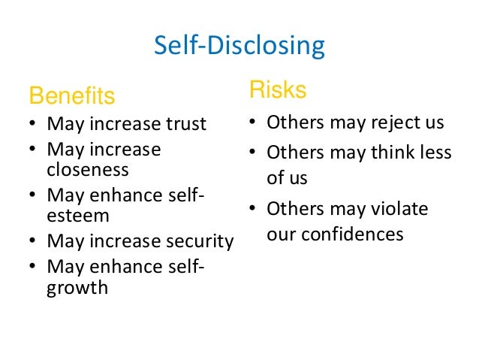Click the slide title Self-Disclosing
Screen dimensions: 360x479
[239, 47]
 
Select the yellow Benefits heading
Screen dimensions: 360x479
[71, 96]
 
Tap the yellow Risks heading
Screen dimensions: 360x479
[278, 90]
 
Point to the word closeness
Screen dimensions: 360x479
[88, 169]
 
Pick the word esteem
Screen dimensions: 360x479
[78, 216]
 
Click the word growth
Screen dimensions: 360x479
[77, 287]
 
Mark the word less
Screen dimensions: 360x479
[436, 153]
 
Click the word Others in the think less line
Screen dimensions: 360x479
[294, 153]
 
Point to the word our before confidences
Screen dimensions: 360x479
[282, 234]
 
